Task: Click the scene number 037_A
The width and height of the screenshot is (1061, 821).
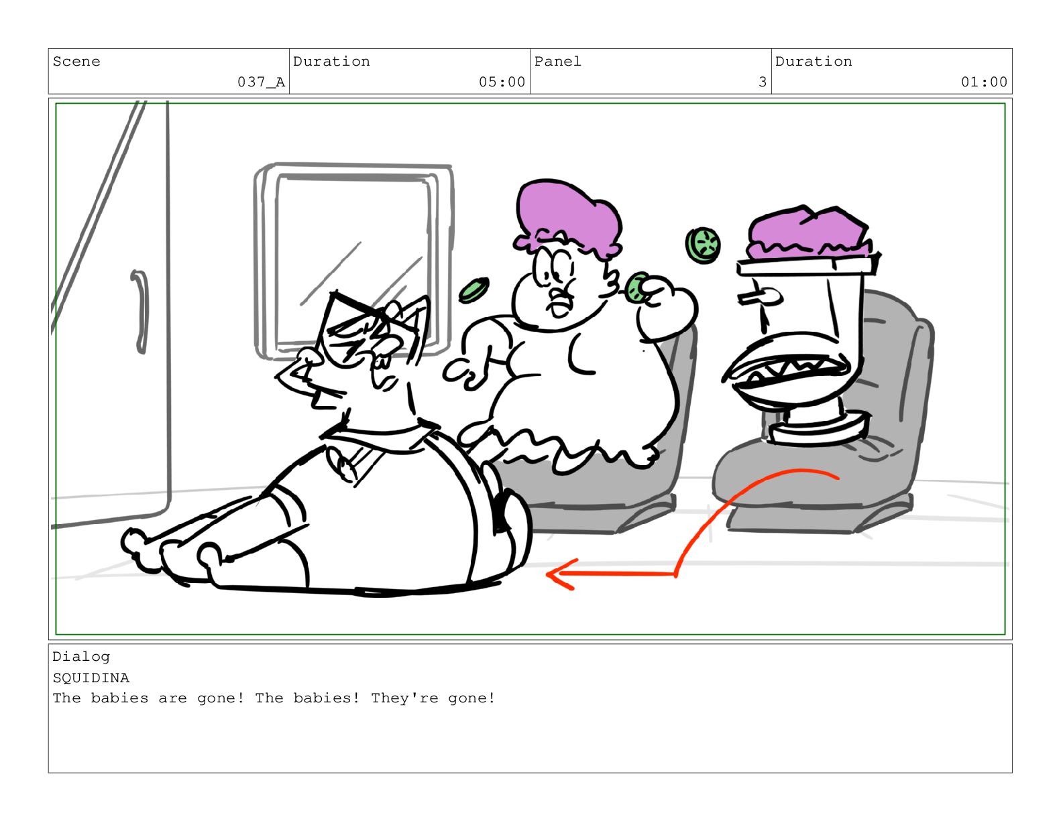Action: pos(261,82)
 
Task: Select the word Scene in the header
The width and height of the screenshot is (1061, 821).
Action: pos(76,62)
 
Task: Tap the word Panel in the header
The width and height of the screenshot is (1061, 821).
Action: pos(557,62)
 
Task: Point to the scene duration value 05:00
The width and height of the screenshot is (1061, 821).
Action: pos(502,82)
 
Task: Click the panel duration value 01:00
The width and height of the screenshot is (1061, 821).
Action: pos(984,82)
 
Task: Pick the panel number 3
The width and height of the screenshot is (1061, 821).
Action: pos(762,82)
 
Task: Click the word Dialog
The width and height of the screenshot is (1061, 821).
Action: pos(81,657)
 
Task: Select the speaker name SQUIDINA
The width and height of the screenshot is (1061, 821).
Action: pos(91,678)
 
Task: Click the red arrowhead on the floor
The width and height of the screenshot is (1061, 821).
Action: pos(560,574)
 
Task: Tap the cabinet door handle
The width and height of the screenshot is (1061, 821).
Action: pos(141,311)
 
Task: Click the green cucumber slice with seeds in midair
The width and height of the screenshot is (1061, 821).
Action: pos(703,245)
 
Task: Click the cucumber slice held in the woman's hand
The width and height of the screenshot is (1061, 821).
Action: pos(636,288)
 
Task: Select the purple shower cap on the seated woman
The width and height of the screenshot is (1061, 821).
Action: pos(567,218)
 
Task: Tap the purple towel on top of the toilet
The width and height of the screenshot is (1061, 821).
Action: pos(809,233)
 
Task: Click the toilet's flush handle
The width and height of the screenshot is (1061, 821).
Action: pos(760,296)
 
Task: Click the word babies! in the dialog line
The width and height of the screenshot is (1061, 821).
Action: pos(326,698)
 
